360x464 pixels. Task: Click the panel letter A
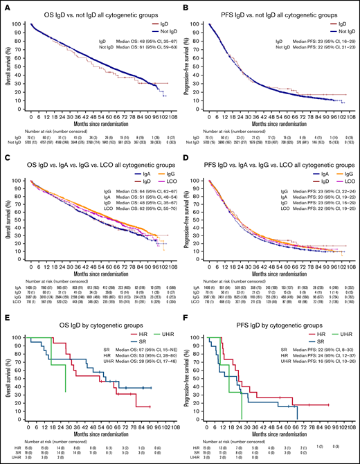pos(5,5)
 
